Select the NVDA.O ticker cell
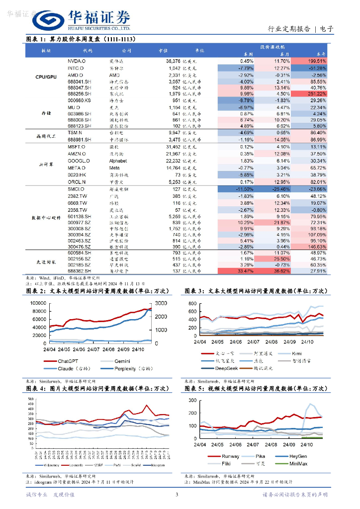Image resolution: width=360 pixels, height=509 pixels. click(77, 61)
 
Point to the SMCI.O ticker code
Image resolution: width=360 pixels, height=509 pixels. click(76, 189)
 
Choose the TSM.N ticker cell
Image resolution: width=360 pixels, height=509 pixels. click(76, 133)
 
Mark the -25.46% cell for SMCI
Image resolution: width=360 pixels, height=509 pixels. click(280, 189)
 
